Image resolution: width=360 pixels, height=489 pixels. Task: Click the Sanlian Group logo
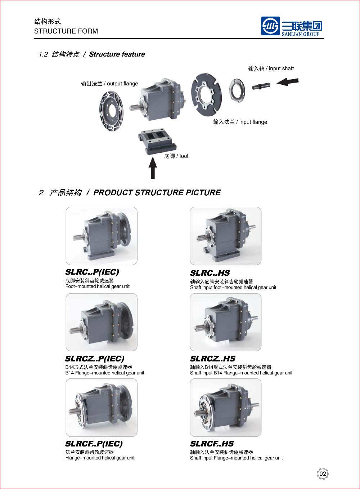[x=292, y=27]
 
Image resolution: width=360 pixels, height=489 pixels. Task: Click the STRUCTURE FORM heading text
[x=66, y=31]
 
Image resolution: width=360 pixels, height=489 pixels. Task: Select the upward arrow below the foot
[x=153, y=168]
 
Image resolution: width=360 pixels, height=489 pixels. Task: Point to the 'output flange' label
[x=109, y=84]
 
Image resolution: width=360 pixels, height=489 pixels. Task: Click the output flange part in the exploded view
[x=111, y=111]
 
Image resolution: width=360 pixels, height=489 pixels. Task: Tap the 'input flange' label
[x=240, y=122]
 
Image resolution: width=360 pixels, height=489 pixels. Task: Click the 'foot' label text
[x=176, y=156]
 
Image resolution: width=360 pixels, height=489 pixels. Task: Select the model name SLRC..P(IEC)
[x=92, y=272]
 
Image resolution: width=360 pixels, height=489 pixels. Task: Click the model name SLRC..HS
[x=210, y=273]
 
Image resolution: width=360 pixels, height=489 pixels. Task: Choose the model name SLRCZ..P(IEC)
[x=95, y=359]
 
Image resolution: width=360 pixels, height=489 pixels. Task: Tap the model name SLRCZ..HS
[x=213, y=359]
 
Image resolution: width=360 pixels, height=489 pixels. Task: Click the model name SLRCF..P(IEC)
[x=94, y=444]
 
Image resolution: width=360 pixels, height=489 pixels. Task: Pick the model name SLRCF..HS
[x=212, y=444]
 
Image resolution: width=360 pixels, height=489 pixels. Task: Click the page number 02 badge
[x=323, y=474]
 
